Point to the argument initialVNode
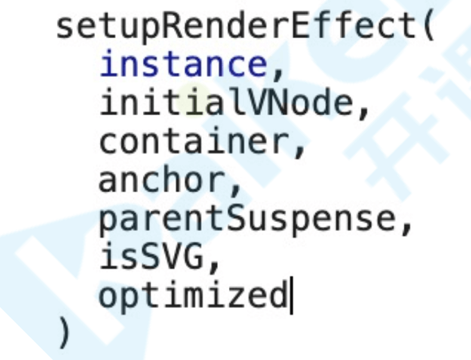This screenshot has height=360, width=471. pyautogui.click(x=226, y=103)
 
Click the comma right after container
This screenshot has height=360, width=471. pyautogui.click(x=300, y=148)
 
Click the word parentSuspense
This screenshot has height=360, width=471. pyautogui.click(x=247, y=220)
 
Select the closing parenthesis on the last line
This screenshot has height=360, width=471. pyautogui.click(x=65, y=335)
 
